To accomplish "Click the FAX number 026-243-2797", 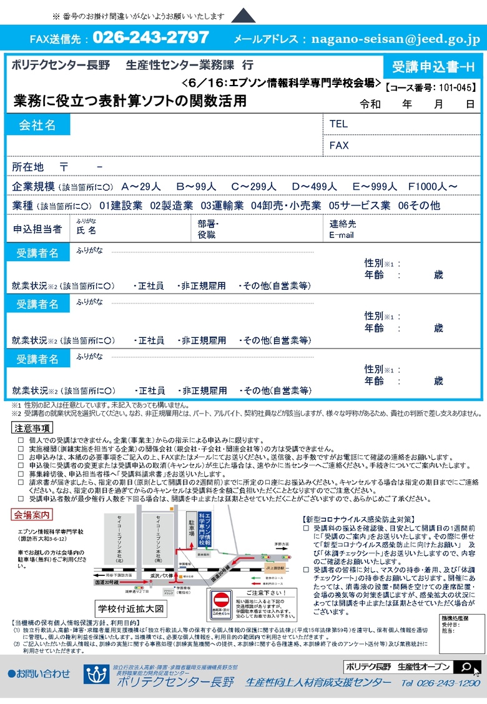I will click(150, 37).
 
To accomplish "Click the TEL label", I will click(338, 124).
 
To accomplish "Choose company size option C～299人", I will click(253, 187).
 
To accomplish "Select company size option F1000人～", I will click(433, 187).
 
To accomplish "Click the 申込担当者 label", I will click(37, 229).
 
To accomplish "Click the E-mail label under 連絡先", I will click(342, 235).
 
